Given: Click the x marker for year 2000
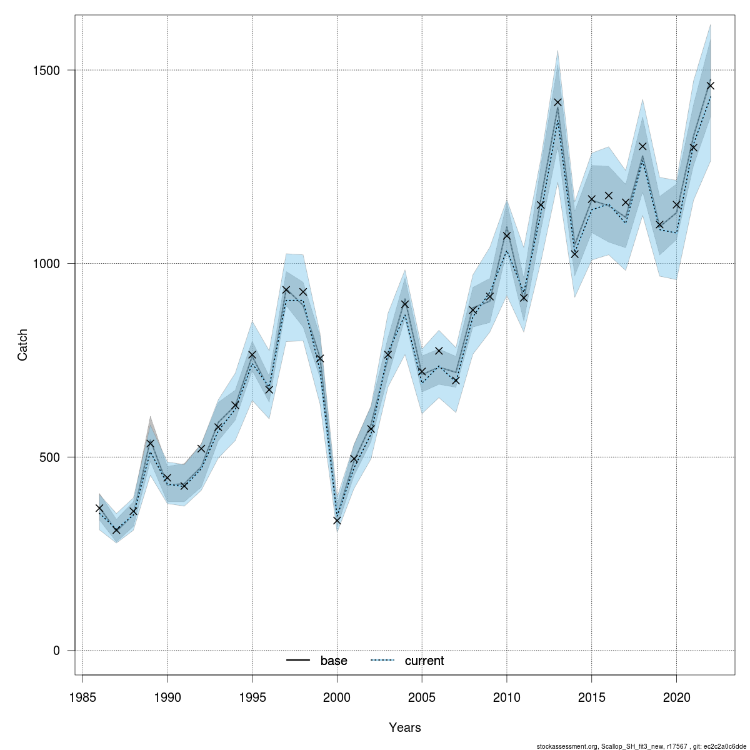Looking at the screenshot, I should (x=337, y=520).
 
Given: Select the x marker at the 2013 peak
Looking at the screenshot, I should (x=557, y=102).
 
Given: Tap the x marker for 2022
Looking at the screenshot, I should (x=710, y=85).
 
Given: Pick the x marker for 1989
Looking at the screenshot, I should (x=150, y=443).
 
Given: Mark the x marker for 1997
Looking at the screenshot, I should (x=286, y=289).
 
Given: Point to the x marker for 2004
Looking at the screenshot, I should (x=405, y=304).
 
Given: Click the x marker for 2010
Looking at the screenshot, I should (x=507, y=235).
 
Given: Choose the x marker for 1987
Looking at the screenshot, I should (x=116, y=529).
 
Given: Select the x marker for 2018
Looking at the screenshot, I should (x=642, y=146).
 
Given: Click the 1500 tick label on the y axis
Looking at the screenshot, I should (x=47, y=70).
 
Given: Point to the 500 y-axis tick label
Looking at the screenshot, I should (x=51, y=457).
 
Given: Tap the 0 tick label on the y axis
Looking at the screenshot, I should (x=56, y=651).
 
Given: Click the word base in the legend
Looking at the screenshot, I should (x=334, y=661).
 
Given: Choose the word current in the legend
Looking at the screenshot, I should (x=424, y=661).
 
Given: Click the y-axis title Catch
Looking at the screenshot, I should (x=23, y=344).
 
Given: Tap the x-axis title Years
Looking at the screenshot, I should (x=404, y=727).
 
